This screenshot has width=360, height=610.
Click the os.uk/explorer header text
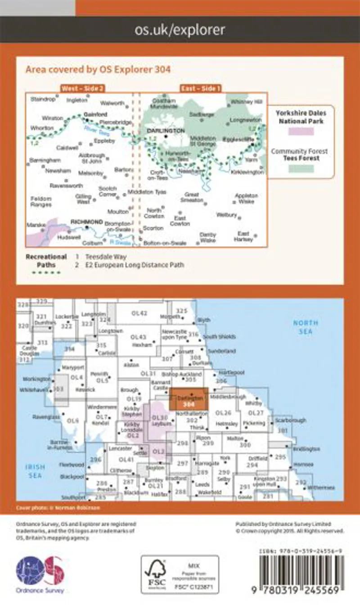(x=180, y=30)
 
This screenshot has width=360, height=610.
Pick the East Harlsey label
(x=244, y=236)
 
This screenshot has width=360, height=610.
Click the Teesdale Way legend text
(x=100, y=257)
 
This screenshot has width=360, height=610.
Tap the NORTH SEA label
(x=306, y=327)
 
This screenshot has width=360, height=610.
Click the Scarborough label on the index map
(x=292, y=420)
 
